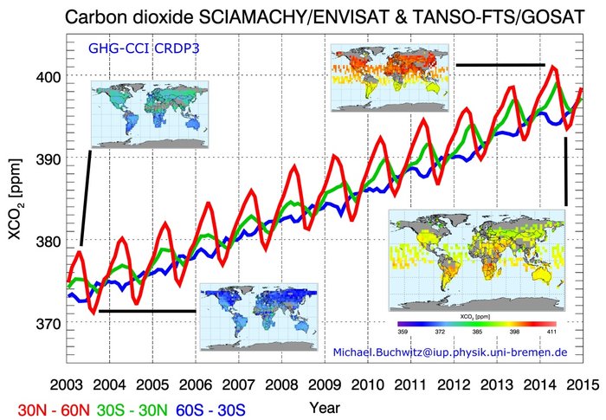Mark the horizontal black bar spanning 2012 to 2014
tap(500, 64)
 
